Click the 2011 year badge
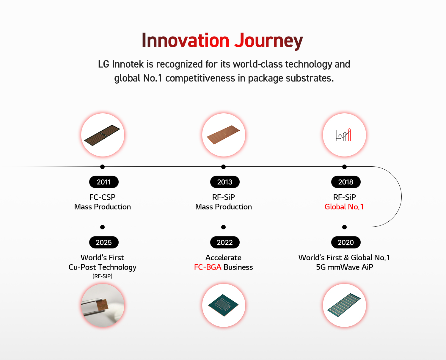[104, 182]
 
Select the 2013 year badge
[225, 182]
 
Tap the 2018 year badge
[346, 182]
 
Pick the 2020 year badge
[346, 242]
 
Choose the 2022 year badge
[225, 242]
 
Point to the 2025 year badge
[104, 242]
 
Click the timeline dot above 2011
[102, 167]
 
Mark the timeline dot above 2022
[223, 227]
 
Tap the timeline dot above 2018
[344, 167]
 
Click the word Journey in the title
[268, 41]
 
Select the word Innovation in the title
[186, 40]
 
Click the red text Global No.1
[344, 207]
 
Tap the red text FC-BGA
[208, 267]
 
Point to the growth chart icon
[344, 135]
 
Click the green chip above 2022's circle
[223, 305]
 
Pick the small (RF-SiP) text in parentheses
[102, 276]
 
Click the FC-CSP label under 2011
[102, 197]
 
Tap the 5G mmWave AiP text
[344, 267]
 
